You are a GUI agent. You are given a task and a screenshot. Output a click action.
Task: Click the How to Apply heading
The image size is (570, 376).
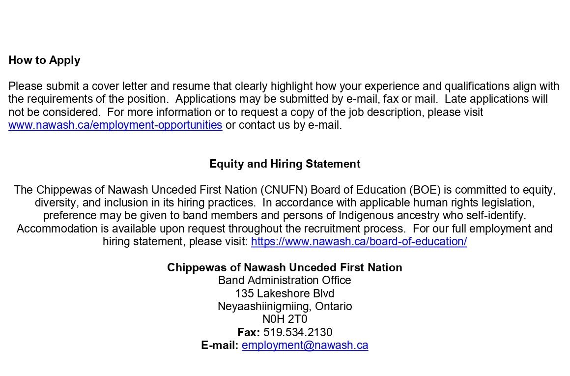click(44, 60)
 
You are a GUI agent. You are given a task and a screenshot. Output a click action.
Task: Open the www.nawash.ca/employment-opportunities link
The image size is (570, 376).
click(115, 125)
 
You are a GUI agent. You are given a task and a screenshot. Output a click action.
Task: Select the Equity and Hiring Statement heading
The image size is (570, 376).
click(285, 164)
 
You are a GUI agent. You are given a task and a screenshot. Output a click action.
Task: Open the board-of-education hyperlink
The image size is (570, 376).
click(359, 242)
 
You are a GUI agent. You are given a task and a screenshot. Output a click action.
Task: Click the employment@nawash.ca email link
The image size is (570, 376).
click(305, 345)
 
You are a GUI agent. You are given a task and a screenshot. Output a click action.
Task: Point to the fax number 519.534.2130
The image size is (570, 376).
click(298, 332)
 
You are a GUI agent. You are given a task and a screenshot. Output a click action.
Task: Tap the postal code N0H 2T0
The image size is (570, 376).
click(285, 319)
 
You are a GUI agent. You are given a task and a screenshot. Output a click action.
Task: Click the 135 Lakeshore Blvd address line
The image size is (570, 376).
click(285, 293)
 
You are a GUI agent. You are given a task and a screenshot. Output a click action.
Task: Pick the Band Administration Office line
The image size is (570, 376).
click(285, 280)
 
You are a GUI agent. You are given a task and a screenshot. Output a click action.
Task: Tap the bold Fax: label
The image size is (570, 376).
click(249, 332)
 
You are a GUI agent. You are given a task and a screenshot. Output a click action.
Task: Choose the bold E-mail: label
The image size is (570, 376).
click(220, 345)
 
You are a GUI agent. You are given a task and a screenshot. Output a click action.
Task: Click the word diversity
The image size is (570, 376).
click(55, 203)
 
